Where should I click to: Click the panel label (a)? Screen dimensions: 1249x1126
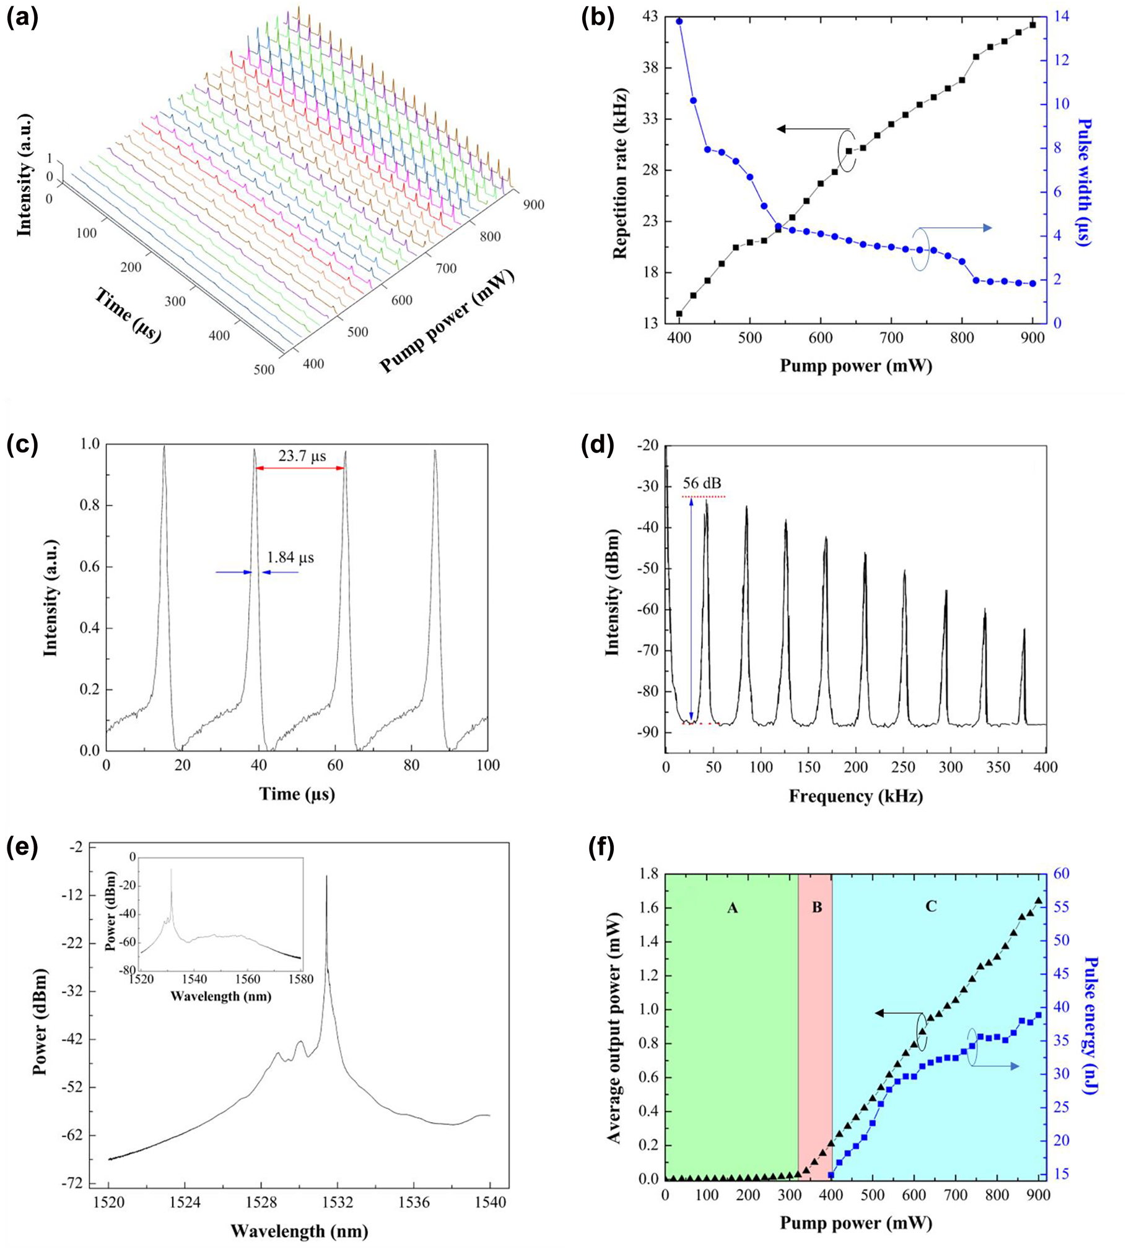click(x=22, y=19)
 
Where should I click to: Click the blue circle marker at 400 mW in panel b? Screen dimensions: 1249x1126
click(x=679, y=21)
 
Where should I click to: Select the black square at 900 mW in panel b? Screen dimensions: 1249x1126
click(x=1032, y=25)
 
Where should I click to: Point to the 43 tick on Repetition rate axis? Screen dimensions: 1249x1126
click(x=649, y=17)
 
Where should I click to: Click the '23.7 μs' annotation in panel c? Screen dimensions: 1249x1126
click(x=302, y=456)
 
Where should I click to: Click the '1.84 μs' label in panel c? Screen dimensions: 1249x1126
click(x=290, y=558)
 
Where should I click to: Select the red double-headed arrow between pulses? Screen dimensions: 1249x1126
click(x=300, y=469)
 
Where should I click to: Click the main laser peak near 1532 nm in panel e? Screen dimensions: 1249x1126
click(x=326, y=879)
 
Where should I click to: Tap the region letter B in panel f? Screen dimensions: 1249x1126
click(x=817, y=907)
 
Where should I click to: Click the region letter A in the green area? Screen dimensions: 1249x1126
click(x=732, y=907)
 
